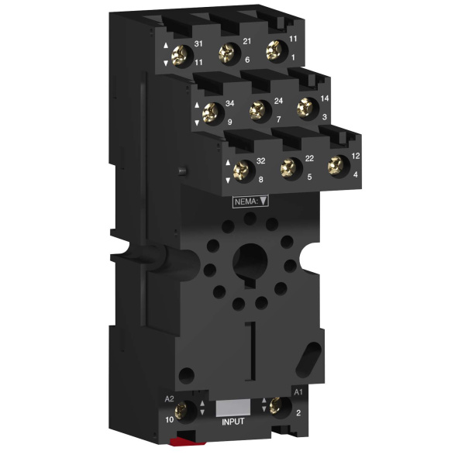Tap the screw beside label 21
click(227, 53)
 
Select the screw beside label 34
click(210, 112)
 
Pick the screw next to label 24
click(257, 110)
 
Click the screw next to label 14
click(305, 108)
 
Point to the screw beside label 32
click(241, 170)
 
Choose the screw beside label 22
click(288, 168)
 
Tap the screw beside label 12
click(336, 166)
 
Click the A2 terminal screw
click(181, 411)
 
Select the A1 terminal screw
click(276, 405)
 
